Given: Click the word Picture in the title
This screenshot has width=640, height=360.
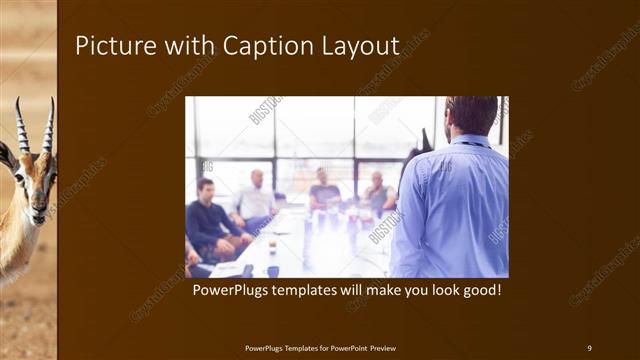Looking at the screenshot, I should [110, 46].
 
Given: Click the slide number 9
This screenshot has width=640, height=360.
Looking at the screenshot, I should [589, 347].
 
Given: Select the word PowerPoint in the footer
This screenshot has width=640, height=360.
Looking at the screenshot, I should [346, 347].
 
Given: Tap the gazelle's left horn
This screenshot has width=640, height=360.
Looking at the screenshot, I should [21, 124].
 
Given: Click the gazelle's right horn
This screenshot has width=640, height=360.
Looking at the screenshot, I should [48, 124].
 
